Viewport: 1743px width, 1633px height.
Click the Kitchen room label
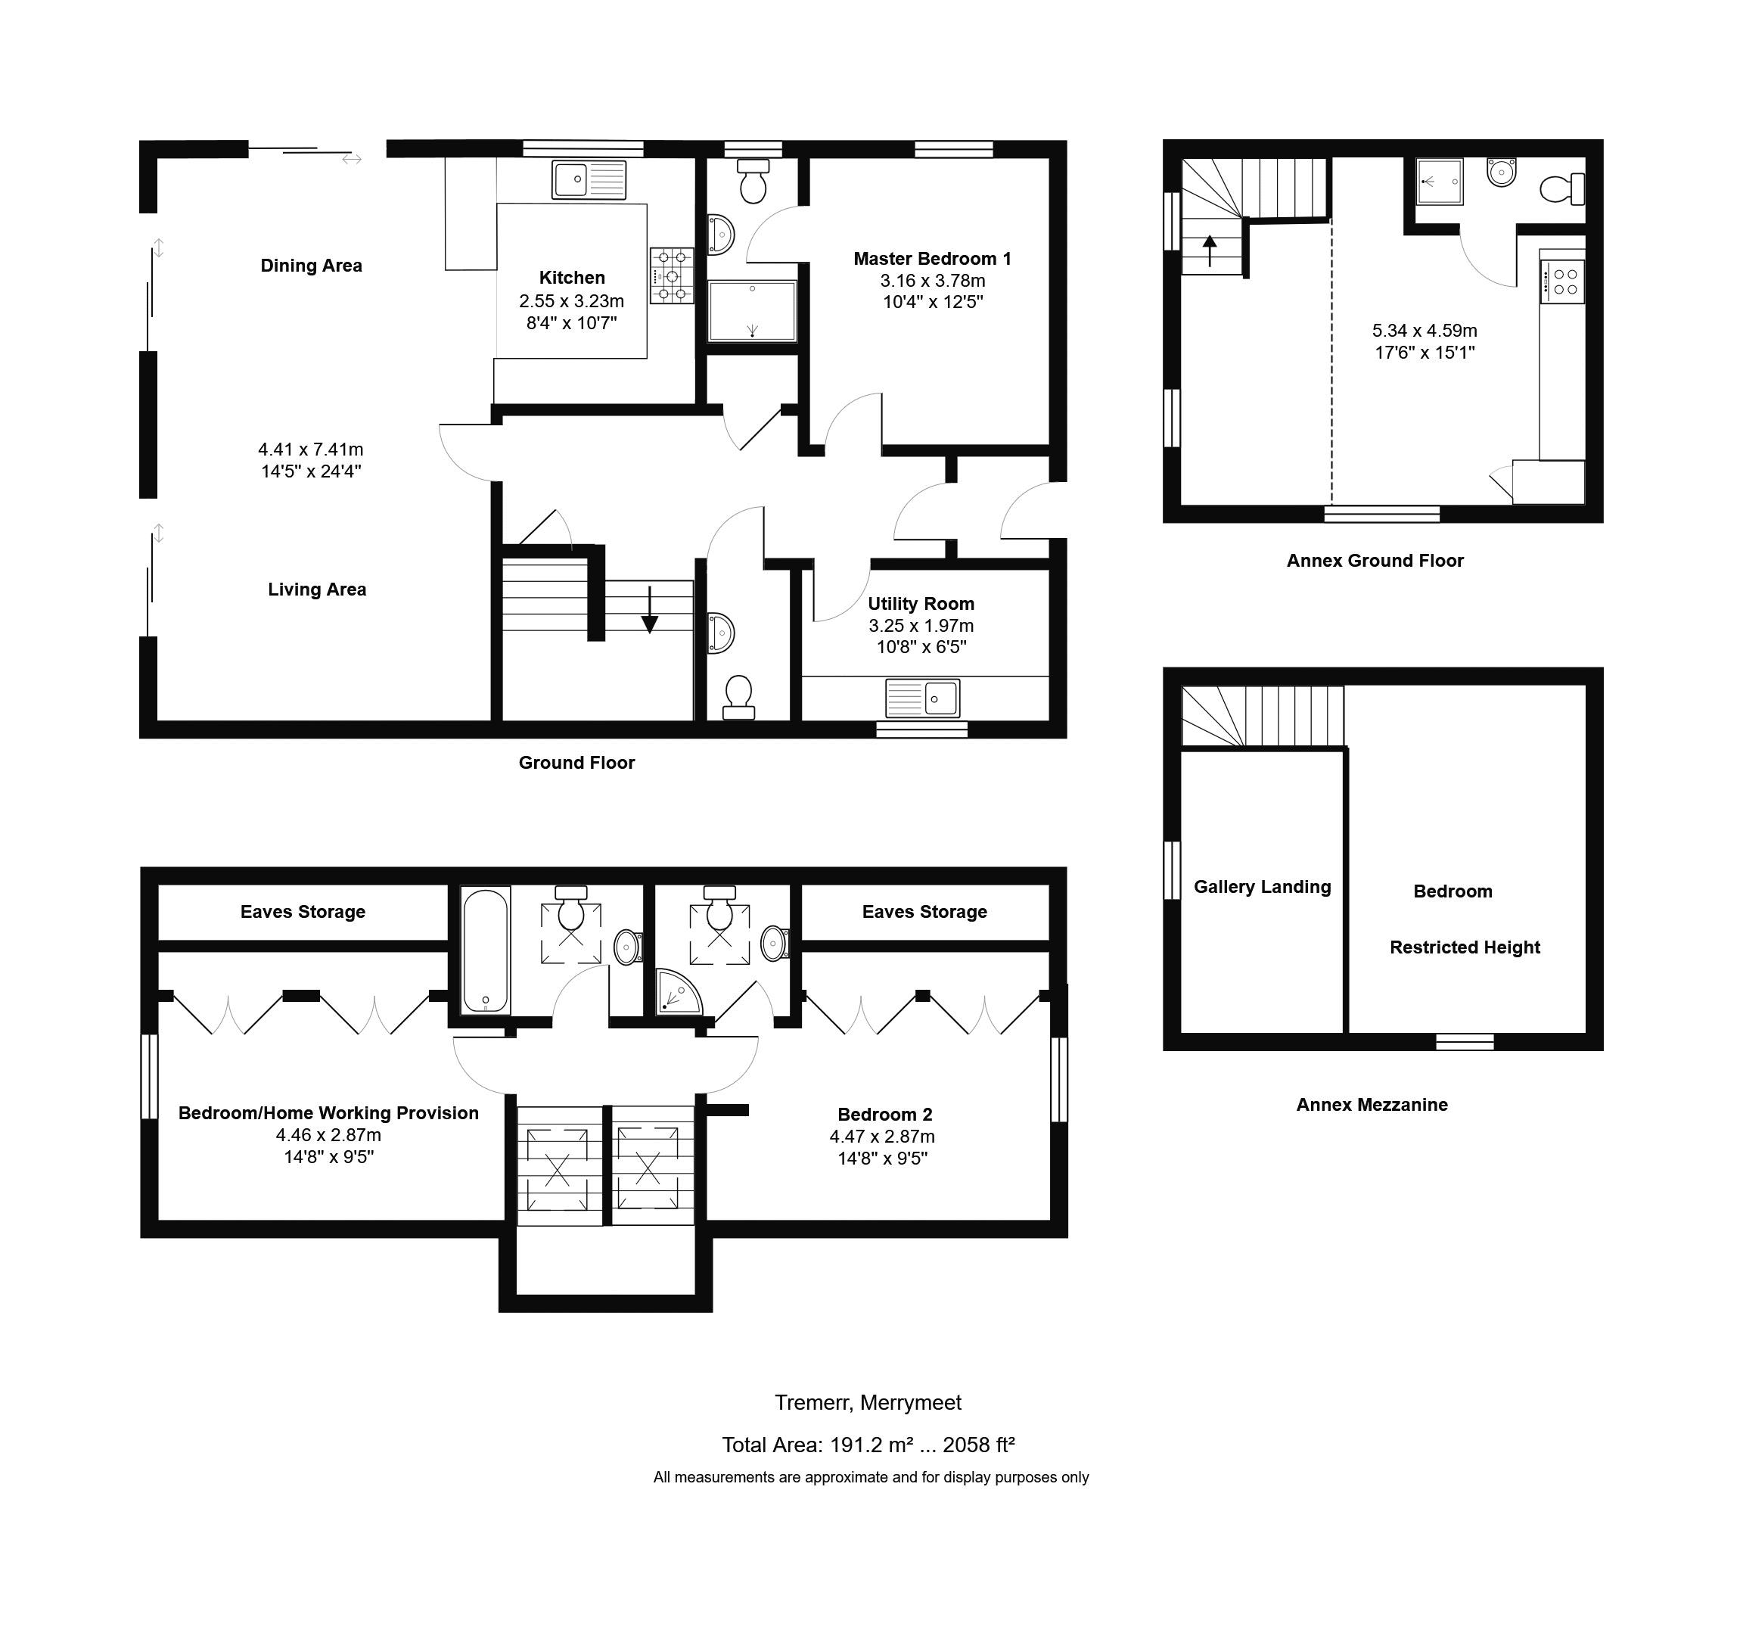[x=572, y=278]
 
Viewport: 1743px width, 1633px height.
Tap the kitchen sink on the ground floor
[x=589, y=180]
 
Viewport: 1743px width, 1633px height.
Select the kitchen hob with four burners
[x=672, y=275]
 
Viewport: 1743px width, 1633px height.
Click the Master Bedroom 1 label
[x=932, y=259]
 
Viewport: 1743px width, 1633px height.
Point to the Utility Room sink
[x=922, y=699]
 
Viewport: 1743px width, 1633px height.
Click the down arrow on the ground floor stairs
[x=650, y=609]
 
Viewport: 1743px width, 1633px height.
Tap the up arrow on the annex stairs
[x=1210, y=250]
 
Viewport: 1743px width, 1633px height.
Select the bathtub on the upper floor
[x=485, y=951]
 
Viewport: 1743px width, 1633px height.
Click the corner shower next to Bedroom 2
[x=679, y=992]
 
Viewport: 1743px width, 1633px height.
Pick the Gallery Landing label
[x=1262, y=887]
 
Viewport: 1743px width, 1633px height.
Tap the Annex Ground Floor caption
[x=1375, y=561]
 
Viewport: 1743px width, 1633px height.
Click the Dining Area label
[x=311, y=266]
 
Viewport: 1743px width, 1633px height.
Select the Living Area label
[x=316, y=589]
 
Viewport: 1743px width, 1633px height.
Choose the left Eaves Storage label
[x=303, y=912]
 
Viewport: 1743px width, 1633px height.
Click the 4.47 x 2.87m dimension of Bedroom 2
[x=882, y=1137]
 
